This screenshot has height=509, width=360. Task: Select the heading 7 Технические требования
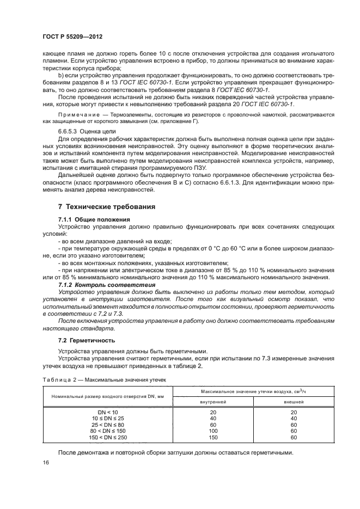(x=107, y=207)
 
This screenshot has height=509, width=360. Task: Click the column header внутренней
(x=213, y=401)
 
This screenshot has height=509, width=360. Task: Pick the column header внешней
(x=294, y=401)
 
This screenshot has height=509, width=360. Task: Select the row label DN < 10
(x=107, y=412)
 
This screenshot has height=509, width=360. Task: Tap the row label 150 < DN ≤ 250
(x=107, y=437)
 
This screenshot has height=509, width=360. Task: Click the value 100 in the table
(x=213, y=431)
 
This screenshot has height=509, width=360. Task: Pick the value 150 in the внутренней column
(x=213, y=437)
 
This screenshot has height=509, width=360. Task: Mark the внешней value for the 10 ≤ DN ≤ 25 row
(x=294, y=418)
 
